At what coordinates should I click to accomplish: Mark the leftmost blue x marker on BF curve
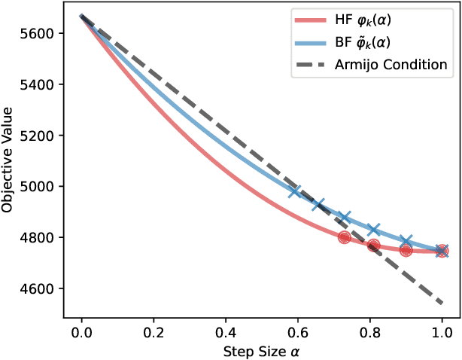(296, 191)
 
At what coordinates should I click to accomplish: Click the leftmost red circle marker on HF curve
(345, 237)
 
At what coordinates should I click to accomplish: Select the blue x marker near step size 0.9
(406, 241)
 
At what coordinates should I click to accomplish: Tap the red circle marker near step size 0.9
(406, 250)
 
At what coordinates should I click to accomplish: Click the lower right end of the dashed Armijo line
(442, 304)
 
